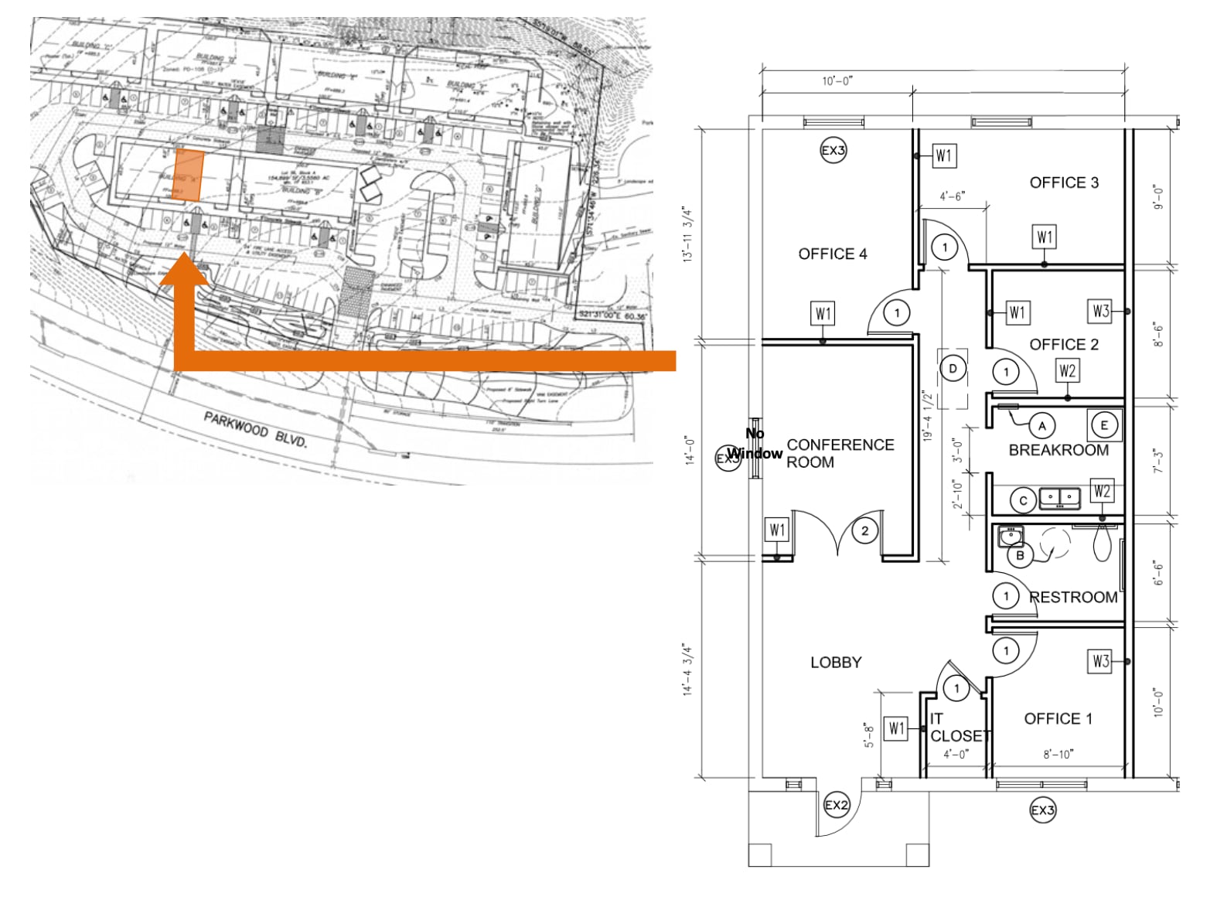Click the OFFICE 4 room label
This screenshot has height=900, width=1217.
[x=833, y=254]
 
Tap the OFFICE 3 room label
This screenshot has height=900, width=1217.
[x=1064, y=182]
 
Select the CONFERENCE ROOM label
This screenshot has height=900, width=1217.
[x=840, y=453]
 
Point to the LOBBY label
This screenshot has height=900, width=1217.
[x=836, y=662]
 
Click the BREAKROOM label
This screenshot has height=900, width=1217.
[x=1058, y=450]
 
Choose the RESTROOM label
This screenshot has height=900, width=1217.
[x=1074, y=597]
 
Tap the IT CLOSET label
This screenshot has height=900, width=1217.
[x=959, y=728]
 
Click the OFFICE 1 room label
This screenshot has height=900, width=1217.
[x=1058, y=718]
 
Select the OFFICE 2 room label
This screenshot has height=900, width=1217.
[x=1064, y=344]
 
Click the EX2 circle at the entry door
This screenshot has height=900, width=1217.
[x=837, y=805]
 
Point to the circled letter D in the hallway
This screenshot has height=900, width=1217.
[x=953, y=369]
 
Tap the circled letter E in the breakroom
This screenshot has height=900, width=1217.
[x=1103, y=425]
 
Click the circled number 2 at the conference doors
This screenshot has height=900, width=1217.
[x=864, y=530]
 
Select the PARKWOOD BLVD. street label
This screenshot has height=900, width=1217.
[x=255, y=429]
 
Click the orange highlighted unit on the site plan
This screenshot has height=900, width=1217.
[x=187, y=176]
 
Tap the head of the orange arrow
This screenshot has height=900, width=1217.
[x=184, y=272]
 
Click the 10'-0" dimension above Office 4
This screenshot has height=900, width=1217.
[x=837, y=81]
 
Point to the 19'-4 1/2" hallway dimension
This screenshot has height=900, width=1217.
[x=928, y=415]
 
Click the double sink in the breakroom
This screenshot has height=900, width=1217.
[x=1058, y=497]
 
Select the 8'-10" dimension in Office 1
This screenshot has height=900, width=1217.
[x=1058, y=754]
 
